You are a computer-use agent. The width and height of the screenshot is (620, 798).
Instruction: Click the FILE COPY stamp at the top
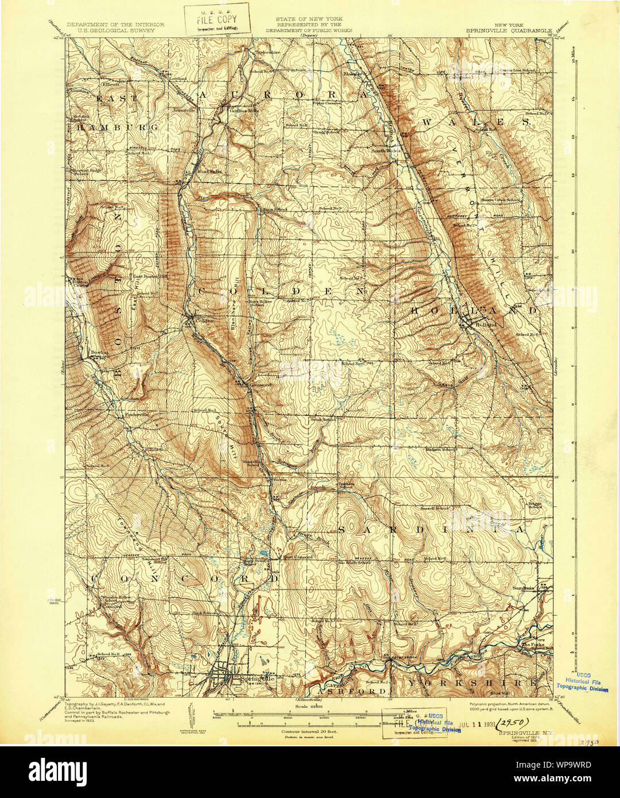216,19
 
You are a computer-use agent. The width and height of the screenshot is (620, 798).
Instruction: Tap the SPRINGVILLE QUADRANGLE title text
507,30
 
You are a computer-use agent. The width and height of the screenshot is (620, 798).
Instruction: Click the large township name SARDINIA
432,530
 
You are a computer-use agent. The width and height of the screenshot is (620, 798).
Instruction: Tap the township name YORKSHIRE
473,683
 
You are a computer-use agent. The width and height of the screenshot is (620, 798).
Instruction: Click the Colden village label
204,320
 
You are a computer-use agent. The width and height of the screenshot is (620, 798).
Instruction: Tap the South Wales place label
385,151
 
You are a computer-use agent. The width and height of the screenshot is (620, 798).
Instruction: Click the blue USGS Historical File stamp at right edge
583,681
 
